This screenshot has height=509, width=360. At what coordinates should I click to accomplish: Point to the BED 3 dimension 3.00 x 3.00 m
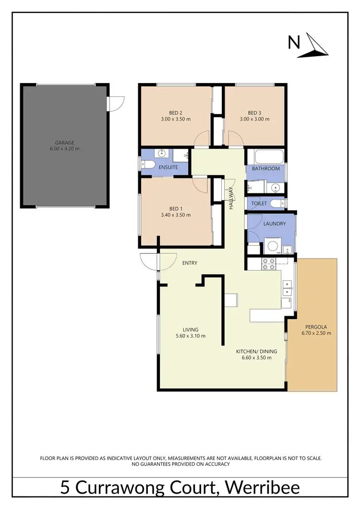[254, 119]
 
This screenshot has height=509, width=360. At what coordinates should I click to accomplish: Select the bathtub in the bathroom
[265, 157]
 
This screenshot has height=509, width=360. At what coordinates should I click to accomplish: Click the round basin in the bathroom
[275, 187]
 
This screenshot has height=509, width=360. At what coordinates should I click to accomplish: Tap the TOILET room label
[259, 204]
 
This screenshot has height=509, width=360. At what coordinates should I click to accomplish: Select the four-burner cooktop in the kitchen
[268, 263]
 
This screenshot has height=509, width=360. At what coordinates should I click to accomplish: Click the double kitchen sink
[288, 288]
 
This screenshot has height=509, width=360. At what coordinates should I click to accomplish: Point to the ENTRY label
[190, 263]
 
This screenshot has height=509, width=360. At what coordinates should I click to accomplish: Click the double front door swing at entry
[150, 261]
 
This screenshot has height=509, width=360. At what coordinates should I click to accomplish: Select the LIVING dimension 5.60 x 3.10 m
[190, 336]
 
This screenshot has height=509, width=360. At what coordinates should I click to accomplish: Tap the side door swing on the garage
[116, 102]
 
